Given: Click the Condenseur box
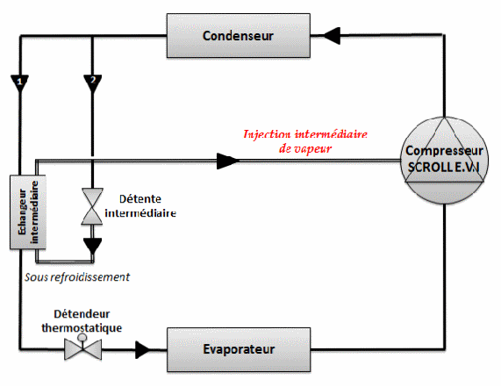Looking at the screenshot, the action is coord(239,35).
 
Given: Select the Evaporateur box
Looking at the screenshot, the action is coord(239,349).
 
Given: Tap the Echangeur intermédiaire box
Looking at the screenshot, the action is coord(28,211).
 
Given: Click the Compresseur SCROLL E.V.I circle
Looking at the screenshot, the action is coord(445,160).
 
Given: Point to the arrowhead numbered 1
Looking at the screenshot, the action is coord(20,83).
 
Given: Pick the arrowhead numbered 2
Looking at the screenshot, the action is coord(93,83).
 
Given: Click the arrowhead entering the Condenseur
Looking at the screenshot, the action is coord(333,35).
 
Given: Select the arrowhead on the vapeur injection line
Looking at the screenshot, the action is coord(227,161).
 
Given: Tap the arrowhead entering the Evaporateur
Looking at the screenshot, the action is coord(142,349).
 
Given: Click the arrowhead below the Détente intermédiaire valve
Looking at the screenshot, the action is coord(93,246).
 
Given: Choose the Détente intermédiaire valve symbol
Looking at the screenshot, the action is coord(92,206).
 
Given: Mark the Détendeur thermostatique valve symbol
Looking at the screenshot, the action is coord(83,348).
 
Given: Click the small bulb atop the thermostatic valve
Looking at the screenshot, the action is coord(82,337).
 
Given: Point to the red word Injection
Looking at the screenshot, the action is coord(267,134).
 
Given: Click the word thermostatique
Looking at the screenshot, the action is coord(82,328).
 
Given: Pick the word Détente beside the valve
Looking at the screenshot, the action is coord(140,199).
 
